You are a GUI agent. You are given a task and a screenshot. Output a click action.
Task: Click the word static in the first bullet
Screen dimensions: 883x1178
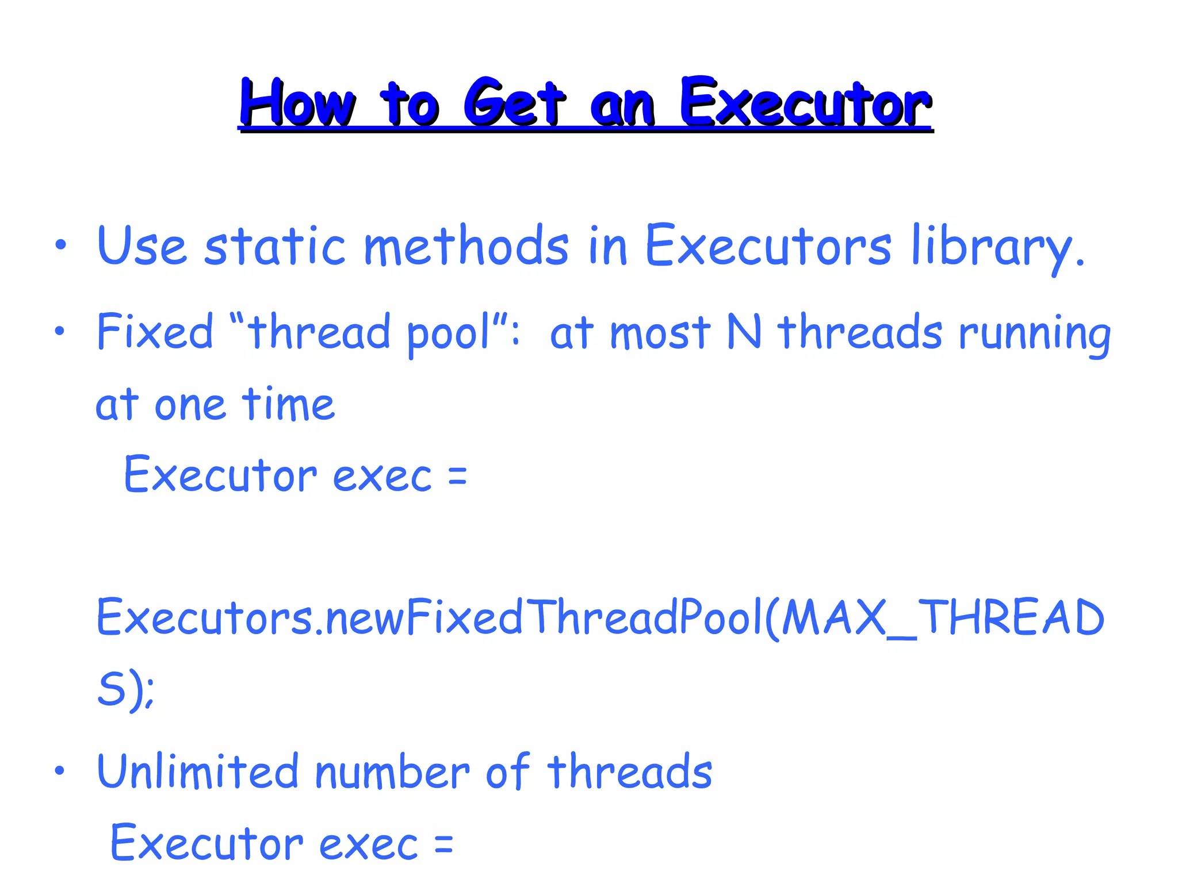pyautogui.click(x=275, y=246)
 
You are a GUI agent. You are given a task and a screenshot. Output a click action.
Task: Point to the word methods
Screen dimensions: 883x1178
pyautogui.click(x=466, y=246)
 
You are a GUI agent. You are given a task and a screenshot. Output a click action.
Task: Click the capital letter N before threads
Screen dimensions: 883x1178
pyautogui.click(x=744, y=332)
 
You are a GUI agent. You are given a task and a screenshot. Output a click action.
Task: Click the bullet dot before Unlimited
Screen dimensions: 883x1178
pyautogui.click(x=60, y=770)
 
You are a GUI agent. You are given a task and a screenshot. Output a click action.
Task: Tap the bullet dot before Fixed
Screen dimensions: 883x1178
pyautogui.click(x=60, y=331)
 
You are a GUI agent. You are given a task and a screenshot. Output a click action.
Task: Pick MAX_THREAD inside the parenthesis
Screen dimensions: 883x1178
pyautogui.click(x=943, y=617)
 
